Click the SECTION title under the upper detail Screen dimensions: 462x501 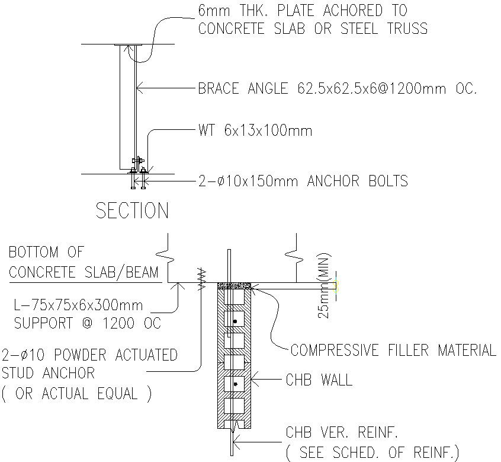click(x=132, y=211)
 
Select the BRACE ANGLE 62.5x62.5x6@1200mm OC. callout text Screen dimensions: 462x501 click(x=337, y=90)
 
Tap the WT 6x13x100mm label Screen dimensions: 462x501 click(x=255, y=130)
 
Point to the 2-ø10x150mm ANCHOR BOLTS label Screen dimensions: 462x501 click(x=303, y=181)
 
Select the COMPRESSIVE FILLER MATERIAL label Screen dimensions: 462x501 click(x=393, y=351)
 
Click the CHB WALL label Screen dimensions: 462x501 click(x=319, y=380)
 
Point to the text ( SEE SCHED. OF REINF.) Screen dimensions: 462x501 click(x=372, y=453)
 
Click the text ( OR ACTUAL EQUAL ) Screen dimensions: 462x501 click(x=76, y=394)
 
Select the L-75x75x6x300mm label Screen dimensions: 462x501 click(x=78, y=305)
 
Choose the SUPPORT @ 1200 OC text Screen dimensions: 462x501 click(x=87, y=324)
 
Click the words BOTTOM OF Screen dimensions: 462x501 click(x=46, y=253)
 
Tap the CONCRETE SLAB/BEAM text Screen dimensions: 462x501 click(x=83, y=273)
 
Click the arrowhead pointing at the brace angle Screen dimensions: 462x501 click(x=140, y=90)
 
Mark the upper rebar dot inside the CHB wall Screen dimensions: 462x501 click(x=235, y=321)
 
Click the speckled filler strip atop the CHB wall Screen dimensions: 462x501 click(x=236, y=286)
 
